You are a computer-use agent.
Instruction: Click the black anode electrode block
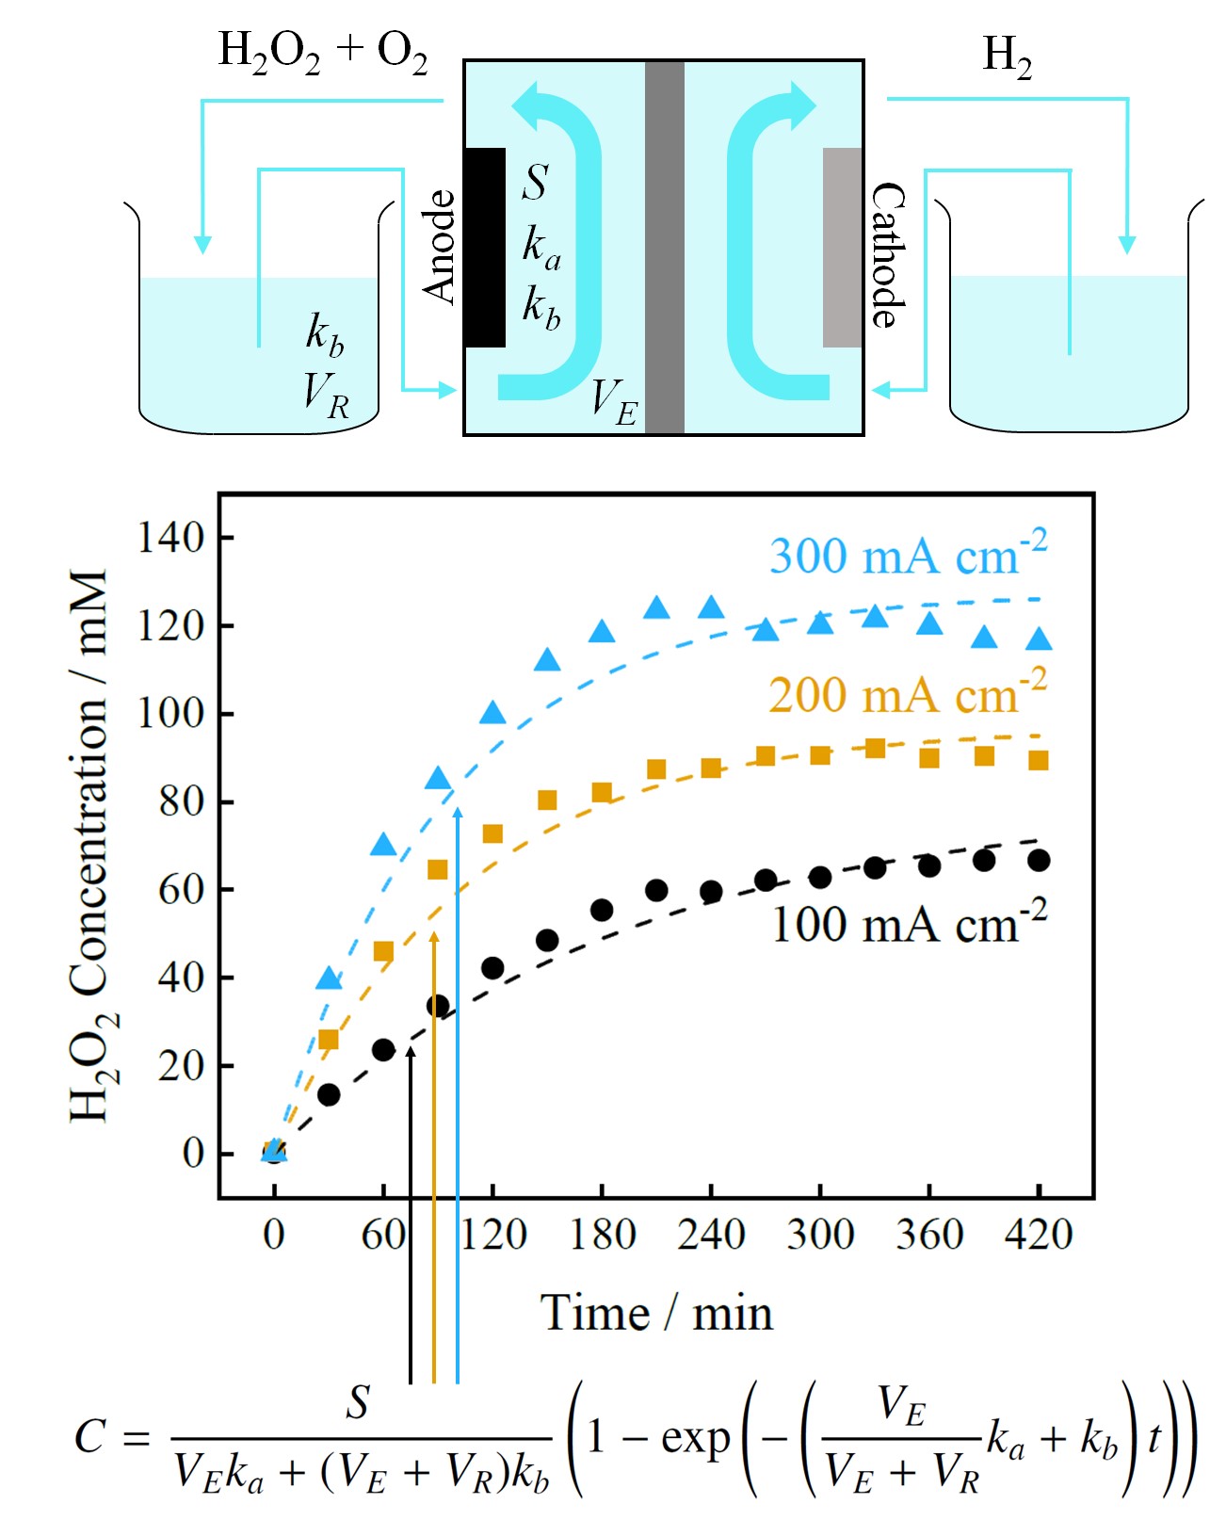(x=484, y=247)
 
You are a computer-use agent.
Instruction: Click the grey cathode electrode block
(x=842, y=247)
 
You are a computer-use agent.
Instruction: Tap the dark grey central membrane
(x=664, y=247)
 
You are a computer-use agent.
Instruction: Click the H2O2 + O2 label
(x=323, y=52)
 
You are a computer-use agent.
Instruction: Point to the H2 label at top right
(x=1007, y=57)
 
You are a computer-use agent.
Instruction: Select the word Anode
(x=440, y=247)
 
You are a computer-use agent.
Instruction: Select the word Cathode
(x=887, y=254)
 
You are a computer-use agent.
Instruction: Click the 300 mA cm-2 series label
(x=907, y=555)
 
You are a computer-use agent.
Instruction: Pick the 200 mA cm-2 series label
(x=907, y=694)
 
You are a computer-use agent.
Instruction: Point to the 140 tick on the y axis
(x=171, y=538)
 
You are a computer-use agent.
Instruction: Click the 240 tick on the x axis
(x=711, y=1234)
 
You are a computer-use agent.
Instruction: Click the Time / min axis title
(x=656, y=1312)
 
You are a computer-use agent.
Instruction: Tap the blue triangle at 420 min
(x=1039, y=639)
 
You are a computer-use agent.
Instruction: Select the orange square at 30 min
(x=329, y=1040)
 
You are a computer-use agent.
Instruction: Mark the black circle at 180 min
(x=602, y=910)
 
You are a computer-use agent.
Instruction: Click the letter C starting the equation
(x=91, y=1438)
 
